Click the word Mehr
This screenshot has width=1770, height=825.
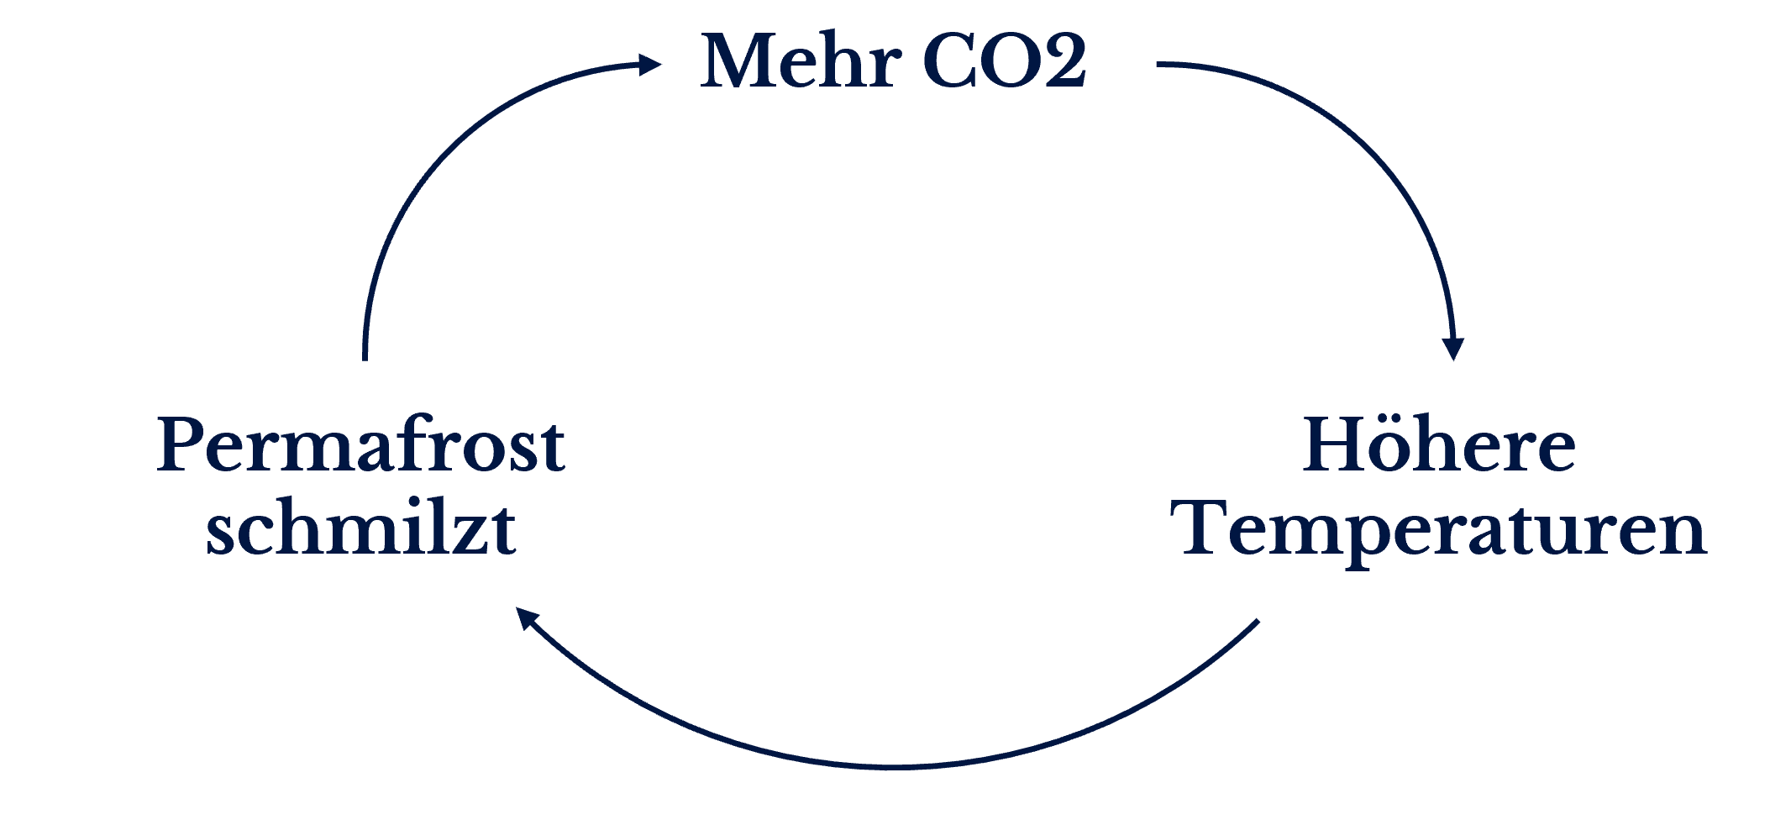point(801,60)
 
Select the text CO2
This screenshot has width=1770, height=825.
point(1004,60)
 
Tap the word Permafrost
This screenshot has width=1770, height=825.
point(361,445)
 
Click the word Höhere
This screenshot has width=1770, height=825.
point(1439,445)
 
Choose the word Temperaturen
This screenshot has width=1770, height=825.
point(1443,529)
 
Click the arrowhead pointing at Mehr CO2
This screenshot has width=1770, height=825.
point(650,64)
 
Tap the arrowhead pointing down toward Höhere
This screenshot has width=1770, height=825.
point(1453,348)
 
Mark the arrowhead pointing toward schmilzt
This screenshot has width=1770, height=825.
point(526,619)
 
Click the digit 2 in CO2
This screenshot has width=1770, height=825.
point(1064,60)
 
